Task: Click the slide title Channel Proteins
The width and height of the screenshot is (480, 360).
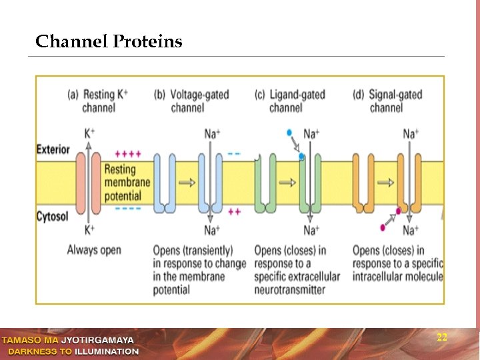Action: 109,42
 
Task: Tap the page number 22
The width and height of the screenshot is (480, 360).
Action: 441,337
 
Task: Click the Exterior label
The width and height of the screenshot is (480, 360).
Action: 53,149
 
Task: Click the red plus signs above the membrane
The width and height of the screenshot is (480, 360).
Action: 128,153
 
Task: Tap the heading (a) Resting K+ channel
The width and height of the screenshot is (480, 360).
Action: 98,101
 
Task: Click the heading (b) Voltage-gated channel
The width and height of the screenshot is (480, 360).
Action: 191,101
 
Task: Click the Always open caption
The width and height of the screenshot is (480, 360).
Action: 94,251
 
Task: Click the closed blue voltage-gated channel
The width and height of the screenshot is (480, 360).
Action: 165,183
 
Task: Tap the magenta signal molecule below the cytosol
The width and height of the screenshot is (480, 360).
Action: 383,227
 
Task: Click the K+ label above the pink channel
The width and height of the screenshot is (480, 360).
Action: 89,133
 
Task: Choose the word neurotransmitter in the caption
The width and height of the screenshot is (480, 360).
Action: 289,290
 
